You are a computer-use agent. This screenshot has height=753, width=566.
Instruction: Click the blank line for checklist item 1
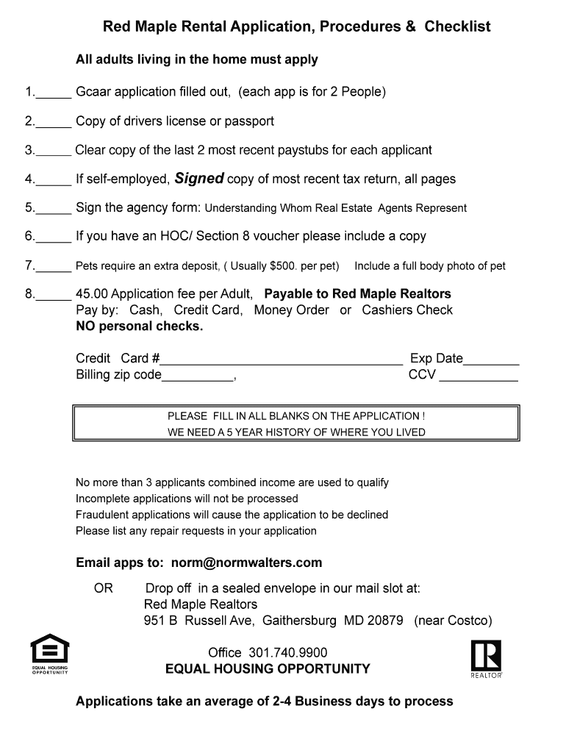click(x=54, y=96)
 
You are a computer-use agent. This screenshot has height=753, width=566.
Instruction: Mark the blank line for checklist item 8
click(x=54, y=298)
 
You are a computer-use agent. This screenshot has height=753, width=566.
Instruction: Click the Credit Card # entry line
click(x=282, y=363)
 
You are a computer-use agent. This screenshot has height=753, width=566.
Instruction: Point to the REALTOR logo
click(x=487, y=658)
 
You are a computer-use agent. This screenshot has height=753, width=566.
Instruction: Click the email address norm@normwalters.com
click(x=246, y=563)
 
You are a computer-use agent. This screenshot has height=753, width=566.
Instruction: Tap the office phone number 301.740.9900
click(x=288, y=653)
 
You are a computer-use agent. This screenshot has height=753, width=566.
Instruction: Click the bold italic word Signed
click(x=198, y=179)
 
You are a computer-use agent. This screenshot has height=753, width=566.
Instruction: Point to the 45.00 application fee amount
click(x=91, y=294)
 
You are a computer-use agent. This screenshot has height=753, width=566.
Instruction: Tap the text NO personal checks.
click(x=140, y=326)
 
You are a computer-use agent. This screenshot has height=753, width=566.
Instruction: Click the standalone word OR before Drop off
click(x=103, y=588)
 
